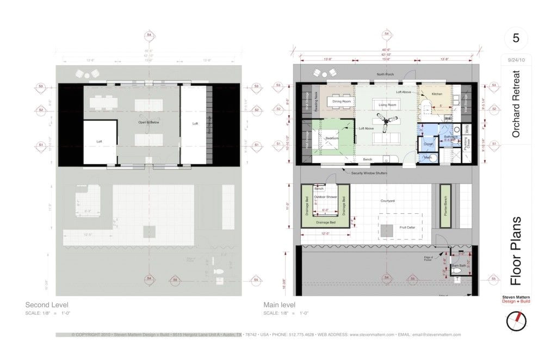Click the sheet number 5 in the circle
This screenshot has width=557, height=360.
pos(515,39)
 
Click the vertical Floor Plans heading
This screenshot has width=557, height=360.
pos(516,251)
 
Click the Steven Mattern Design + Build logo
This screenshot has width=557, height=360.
pos(516,299)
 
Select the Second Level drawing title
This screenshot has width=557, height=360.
pos(47,305)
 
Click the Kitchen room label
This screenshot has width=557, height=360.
pos(437,94)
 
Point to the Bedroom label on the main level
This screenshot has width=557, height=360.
pos(332,138)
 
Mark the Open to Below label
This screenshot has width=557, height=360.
pos(147,123)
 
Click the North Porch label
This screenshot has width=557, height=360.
pos(385,74)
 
